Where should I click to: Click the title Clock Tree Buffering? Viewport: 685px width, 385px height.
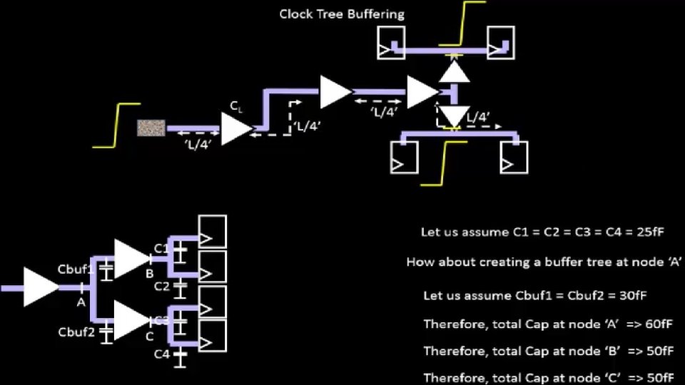coord(342,14)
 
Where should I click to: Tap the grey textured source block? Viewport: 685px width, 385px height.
coord(151,128)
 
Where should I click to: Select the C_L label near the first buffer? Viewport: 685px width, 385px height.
coord(235,106)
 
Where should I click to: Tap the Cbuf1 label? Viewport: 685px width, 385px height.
coord(76,269)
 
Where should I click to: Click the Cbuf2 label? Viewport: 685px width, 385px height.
coord(76,332)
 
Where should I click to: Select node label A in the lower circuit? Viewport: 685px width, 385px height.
coord(81,302)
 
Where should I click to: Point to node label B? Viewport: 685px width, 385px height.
coord(150,274)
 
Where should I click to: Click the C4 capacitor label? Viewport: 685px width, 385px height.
coord(162,354)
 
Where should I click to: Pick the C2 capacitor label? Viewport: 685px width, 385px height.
coord(162,287)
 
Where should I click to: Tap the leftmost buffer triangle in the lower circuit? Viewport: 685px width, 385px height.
coord(39,287)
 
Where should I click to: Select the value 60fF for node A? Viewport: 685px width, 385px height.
coord(658,324)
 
